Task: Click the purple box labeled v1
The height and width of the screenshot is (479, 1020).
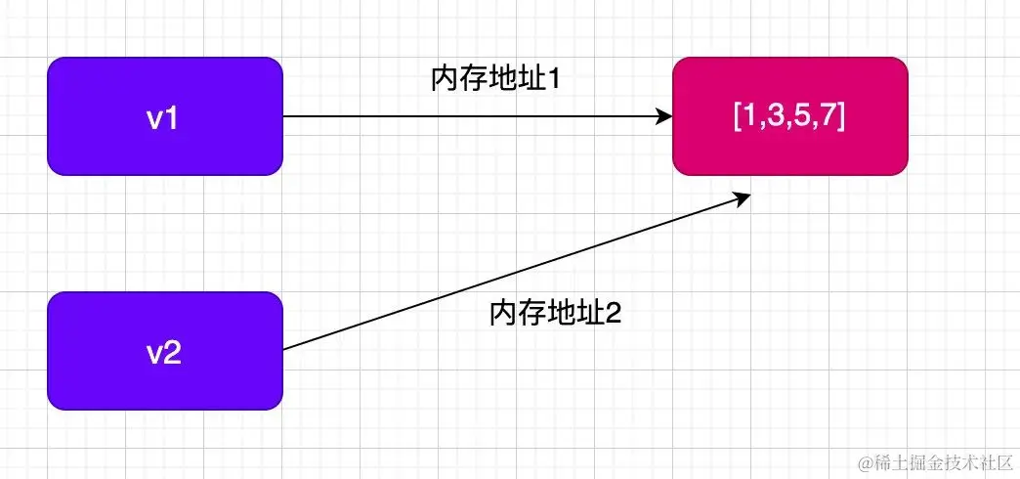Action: pyautogui.click(x=165, y=116)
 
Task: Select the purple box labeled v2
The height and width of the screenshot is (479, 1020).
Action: pyautogui.click(x=165, y=350)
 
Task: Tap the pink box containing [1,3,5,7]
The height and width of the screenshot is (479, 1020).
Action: pyautogui.click(x=789, y=116)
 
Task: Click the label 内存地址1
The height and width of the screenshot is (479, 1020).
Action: pyautogui.click(x=494, y=79)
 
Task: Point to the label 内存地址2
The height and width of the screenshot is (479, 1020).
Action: pyautogui.click(x=555, y=313)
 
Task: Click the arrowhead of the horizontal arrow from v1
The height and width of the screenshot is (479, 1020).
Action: pyautogui.click(x=664, y=116)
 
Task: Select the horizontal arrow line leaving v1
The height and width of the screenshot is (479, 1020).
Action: pyautogui.click(x=469, y=116)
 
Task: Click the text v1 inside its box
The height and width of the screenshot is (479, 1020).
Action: pyautogui.click(x=165, y=117)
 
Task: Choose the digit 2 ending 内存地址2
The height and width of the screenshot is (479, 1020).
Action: pyautogui.click(x=615, y=313)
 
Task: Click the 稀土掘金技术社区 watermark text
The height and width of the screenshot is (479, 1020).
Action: pyautogui.click(x=942, y=460)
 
